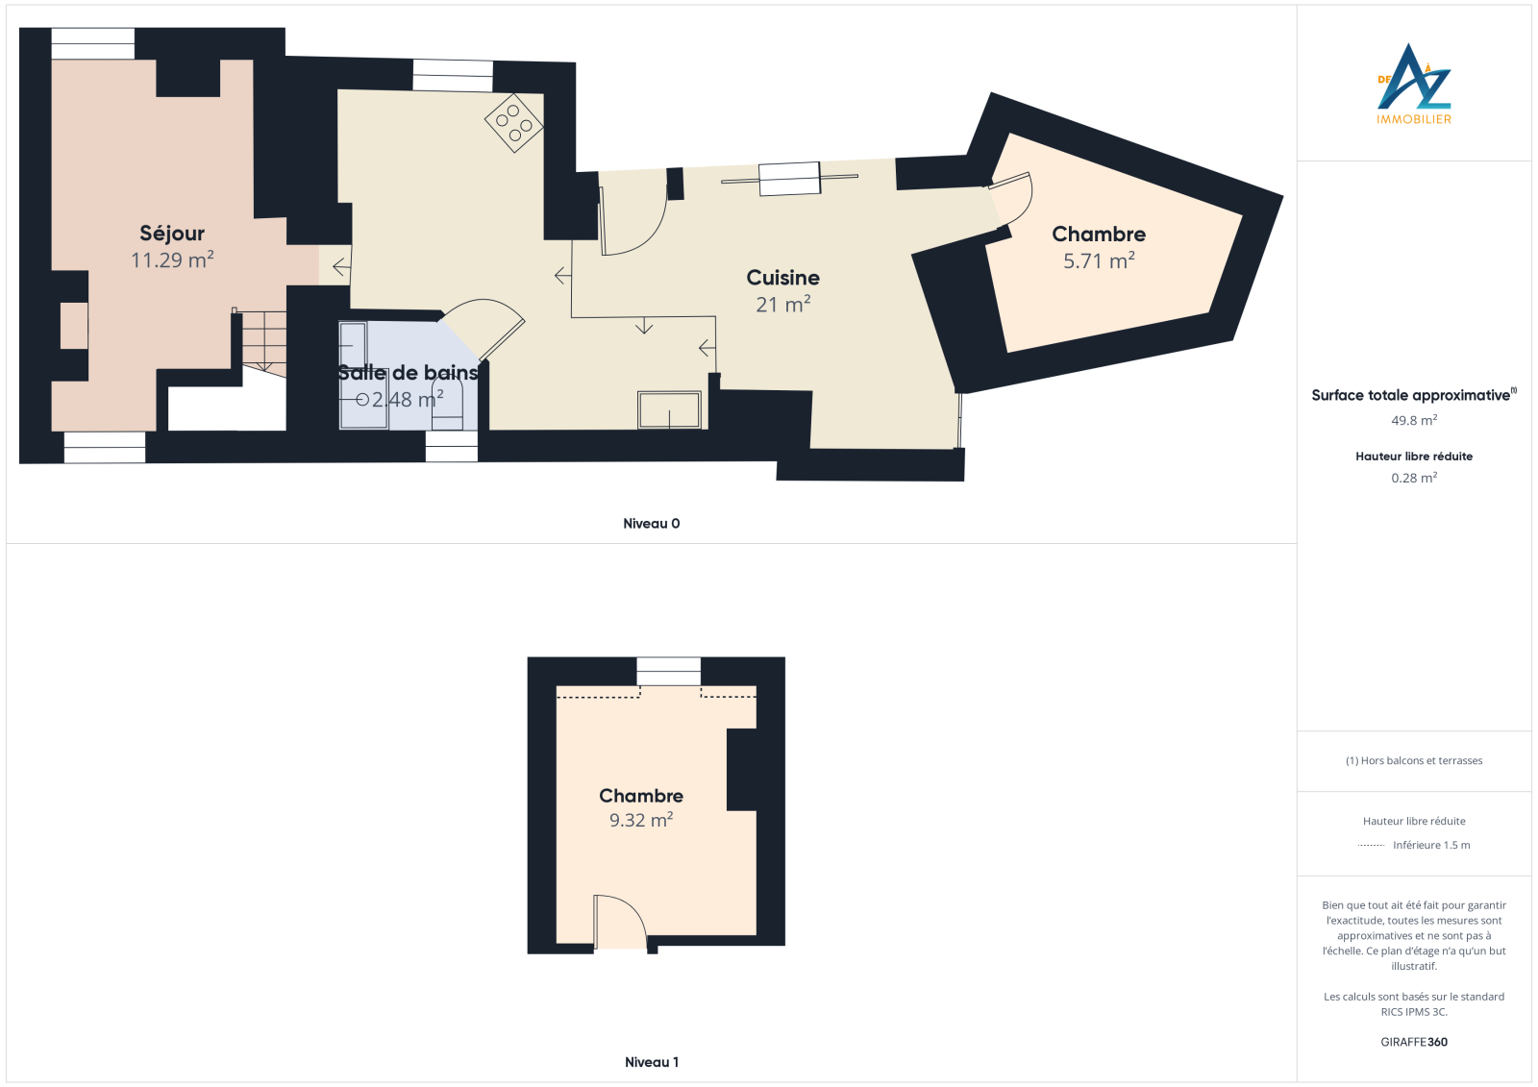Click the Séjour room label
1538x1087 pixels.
tap(172, 235)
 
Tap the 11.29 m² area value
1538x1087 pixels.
tap(172, 260)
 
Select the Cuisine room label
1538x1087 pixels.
tap(782, 278)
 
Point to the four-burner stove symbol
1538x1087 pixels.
tap(513, 122)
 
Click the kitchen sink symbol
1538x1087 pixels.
tap(669, 410)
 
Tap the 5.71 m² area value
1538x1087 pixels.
tap(1099, 260)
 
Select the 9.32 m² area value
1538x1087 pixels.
tap(640, 820)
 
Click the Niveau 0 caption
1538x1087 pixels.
tap(651, 523)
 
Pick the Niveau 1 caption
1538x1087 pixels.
tap(651, 1062)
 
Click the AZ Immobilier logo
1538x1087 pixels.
tap(1414, 84)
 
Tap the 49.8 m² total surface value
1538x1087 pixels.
tap(1414, 420)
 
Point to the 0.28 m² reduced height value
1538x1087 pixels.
tap(1414, 478)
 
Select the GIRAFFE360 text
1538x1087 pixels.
tap(1414, 1042)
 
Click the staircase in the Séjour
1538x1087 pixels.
tap(263, 342)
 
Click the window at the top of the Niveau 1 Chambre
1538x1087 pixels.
tap(668, 672)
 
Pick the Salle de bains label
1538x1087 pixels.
tap(408, 373)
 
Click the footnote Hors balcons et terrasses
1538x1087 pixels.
tap(1414, 760)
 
